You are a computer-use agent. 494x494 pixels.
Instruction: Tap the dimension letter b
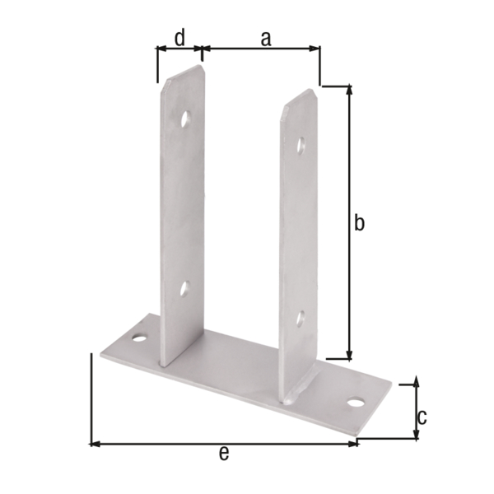click(x=359, y=222)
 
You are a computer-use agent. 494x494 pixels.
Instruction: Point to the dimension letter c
click(x=422, y=416)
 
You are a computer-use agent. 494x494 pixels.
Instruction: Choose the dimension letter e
click(x=223, y=454)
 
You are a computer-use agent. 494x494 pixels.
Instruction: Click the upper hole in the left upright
click(x=186, y=119)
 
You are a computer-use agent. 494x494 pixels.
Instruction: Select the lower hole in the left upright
click(x=184, y=288)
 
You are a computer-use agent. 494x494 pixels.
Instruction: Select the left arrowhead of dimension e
click(x=94, y=444)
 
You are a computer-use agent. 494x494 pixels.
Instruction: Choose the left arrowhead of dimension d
click(x=161, y=49)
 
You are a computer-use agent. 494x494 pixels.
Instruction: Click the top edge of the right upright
click(x=298, y=96)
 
